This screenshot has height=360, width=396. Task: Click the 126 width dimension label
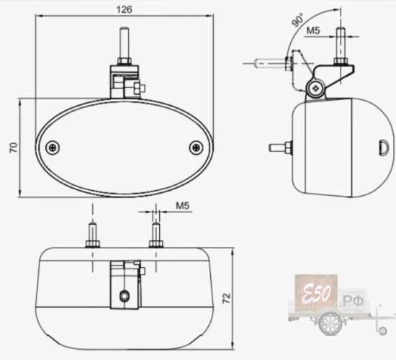click(124, 9)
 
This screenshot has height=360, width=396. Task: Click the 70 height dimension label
click(14, 148)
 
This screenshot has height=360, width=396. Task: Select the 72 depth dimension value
click(226, 298)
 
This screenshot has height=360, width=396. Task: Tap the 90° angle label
click(297, 20)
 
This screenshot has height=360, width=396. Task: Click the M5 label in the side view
click(313, 30)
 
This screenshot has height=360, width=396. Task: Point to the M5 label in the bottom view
click(183, 206)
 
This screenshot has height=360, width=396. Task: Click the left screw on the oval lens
click(53, 148)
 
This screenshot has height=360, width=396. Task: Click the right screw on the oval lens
click(196, 148)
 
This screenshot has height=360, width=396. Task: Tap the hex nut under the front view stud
click(125, 61)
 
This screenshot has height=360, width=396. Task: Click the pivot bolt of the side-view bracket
click(315, 88)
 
